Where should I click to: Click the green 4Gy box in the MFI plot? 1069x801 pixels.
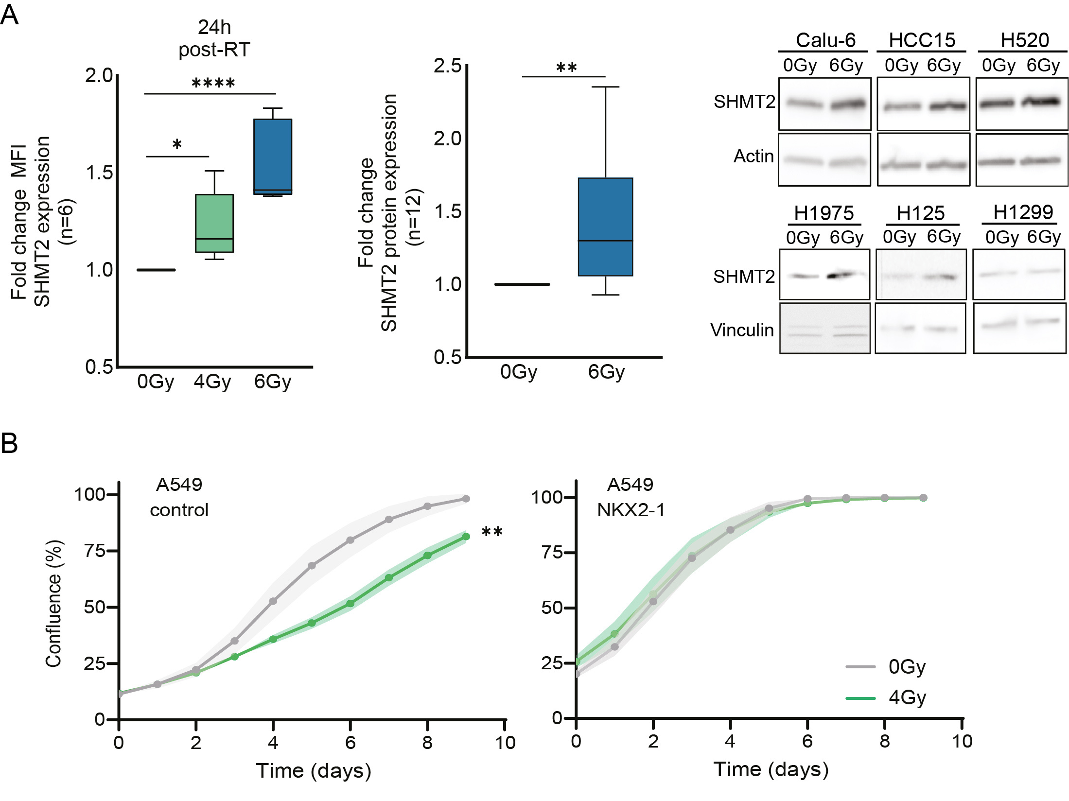(214, 223)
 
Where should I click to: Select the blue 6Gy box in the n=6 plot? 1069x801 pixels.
(273, 156)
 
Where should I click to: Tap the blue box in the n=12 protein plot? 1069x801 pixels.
(605, 226)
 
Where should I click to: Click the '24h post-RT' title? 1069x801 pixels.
(214, 38)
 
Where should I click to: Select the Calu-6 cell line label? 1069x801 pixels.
(825, 40)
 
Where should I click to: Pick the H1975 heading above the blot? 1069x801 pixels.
(824, 213)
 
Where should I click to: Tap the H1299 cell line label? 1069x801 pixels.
(1023, 212)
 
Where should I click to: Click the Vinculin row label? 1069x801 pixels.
(742, 330)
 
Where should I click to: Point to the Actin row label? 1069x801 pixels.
(754, 156)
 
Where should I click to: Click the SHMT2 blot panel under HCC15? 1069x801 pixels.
(923, 104)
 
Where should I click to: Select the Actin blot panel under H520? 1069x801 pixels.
(1021, 160)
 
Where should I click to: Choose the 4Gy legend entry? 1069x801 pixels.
(886, 698)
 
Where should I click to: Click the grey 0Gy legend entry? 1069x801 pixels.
(886, 666)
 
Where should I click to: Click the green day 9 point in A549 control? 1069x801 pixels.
(466, 537)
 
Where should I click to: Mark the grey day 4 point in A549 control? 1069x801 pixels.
(273, 601)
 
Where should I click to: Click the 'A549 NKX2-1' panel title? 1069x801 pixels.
(631, 497)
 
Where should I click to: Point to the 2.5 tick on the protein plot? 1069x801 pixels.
(448, 66)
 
